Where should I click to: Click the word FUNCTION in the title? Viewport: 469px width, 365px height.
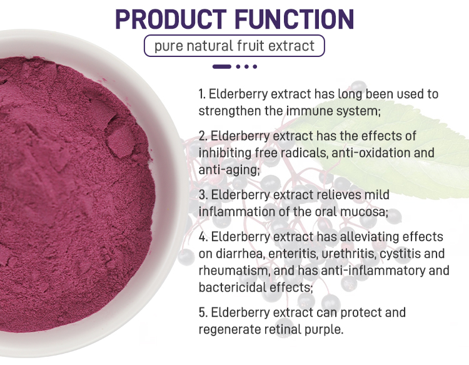(295, 19)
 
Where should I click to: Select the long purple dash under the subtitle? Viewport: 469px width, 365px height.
(222, 66)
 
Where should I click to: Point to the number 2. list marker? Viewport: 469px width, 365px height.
(203, 136)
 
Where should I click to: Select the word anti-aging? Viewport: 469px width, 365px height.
(229, 170)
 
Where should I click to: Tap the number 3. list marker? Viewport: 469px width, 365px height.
(203, 195)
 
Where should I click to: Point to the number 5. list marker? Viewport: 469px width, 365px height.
(203, 312)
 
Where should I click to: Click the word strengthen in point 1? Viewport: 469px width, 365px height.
(229, 111)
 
